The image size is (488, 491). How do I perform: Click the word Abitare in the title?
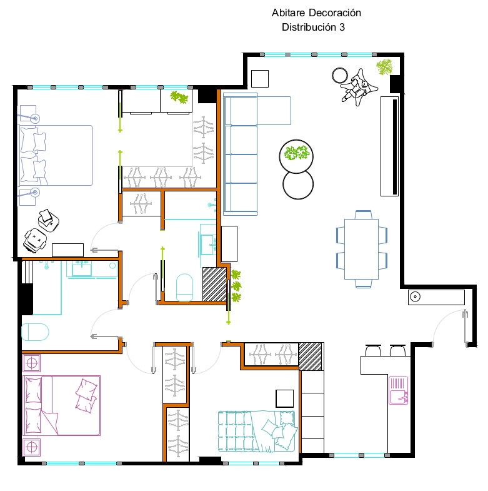288,13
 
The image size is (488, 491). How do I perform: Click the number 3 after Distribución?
342,28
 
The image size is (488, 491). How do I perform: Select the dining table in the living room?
361,249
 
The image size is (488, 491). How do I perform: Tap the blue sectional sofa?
240,154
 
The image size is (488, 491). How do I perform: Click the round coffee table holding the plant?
296,156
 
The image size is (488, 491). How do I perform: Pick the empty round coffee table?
298,185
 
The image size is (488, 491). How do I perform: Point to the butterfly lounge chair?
359,87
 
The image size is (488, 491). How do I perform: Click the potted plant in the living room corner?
384,67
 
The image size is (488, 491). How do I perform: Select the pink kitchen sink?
398,390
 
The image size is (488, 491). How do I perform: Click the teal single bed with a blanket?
257,431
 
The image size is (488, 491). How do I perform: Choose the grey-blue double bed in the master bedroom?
56,155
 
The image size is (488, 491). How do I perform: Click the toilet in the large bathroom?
35,332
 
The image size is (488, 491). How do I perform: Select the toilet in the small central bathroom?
184,287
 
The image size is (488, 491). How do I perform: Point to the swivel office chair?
35,240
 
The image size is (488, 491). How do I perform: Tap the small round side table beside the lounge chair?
340,76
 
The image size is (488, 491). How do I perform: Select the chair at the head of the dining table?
363,215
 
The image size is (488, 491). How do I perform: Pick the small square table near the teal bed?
285,398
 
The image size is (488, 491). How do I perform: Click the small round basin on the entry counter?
415,296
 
